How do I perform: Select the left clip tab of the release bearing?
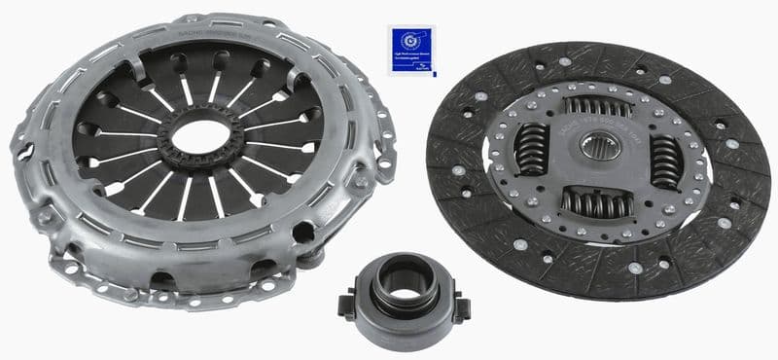click(346, 305)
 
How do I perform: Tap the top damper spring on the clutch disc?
click(597, 104)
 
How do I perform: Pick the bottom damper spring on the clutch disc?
click(596, 201)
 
